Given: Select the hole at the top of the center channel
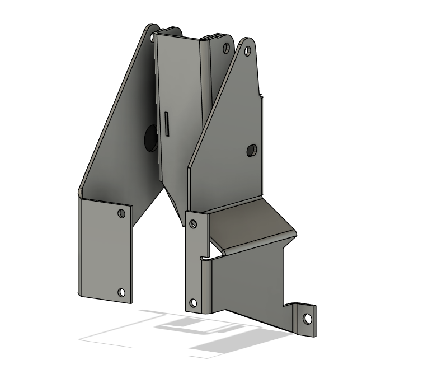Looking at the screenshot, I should (226, 48).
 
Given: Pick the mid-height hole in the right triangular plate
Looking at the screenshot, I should (252, 150).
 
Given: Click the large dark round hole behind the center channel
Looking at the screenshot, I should (150, 138).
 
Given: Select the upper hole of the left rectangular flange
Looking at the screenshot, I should (121, 213).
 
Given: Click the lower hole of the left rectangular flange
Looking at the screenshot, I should (121, 292).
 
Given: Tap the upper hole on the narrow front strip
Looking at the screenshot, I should (194, 224).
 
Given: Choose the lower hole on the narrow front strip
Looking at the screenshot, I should (194, 303).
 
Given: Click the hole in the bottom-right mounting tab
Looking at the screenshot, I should (307, 319).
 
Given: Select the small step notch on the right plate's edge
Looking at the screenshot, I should (261, 95).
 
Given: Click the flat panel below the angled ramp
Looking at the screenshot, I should (246, 286).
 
